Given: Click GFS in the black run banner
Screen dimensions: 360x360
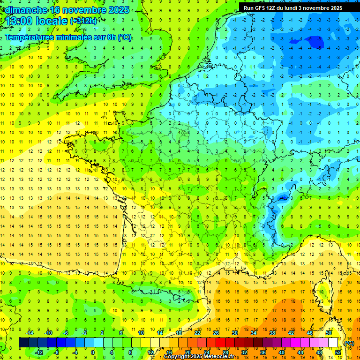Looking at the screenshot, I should tap(261, 8).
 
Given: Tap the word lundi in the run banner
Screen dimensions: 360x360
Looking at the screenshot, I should tap(293, 8).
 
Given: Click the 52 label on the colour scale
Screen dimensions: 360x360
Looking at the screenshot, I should tap(338, 352).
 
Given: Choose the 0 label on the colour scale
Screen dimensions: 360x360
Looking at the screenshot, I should tap(92, 352).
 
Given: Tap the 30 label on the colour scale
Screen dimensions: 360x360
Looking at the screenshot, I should tap(234, 333).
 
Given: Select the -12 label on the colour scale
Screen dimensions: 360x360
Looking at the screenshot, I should tap(39, 352).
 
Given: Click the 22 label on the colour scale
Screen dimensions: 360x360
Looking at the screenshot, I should tap(197, 333).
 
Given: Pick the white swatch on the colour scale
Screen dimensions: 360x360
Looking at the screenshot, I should tap(333, 343).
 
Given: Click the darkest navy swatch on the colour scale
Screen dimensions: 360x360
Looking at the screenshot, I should tap(23, 343).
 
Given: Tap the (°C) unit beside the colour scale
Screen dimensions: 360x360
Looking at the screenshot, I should tap(349, 343).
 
